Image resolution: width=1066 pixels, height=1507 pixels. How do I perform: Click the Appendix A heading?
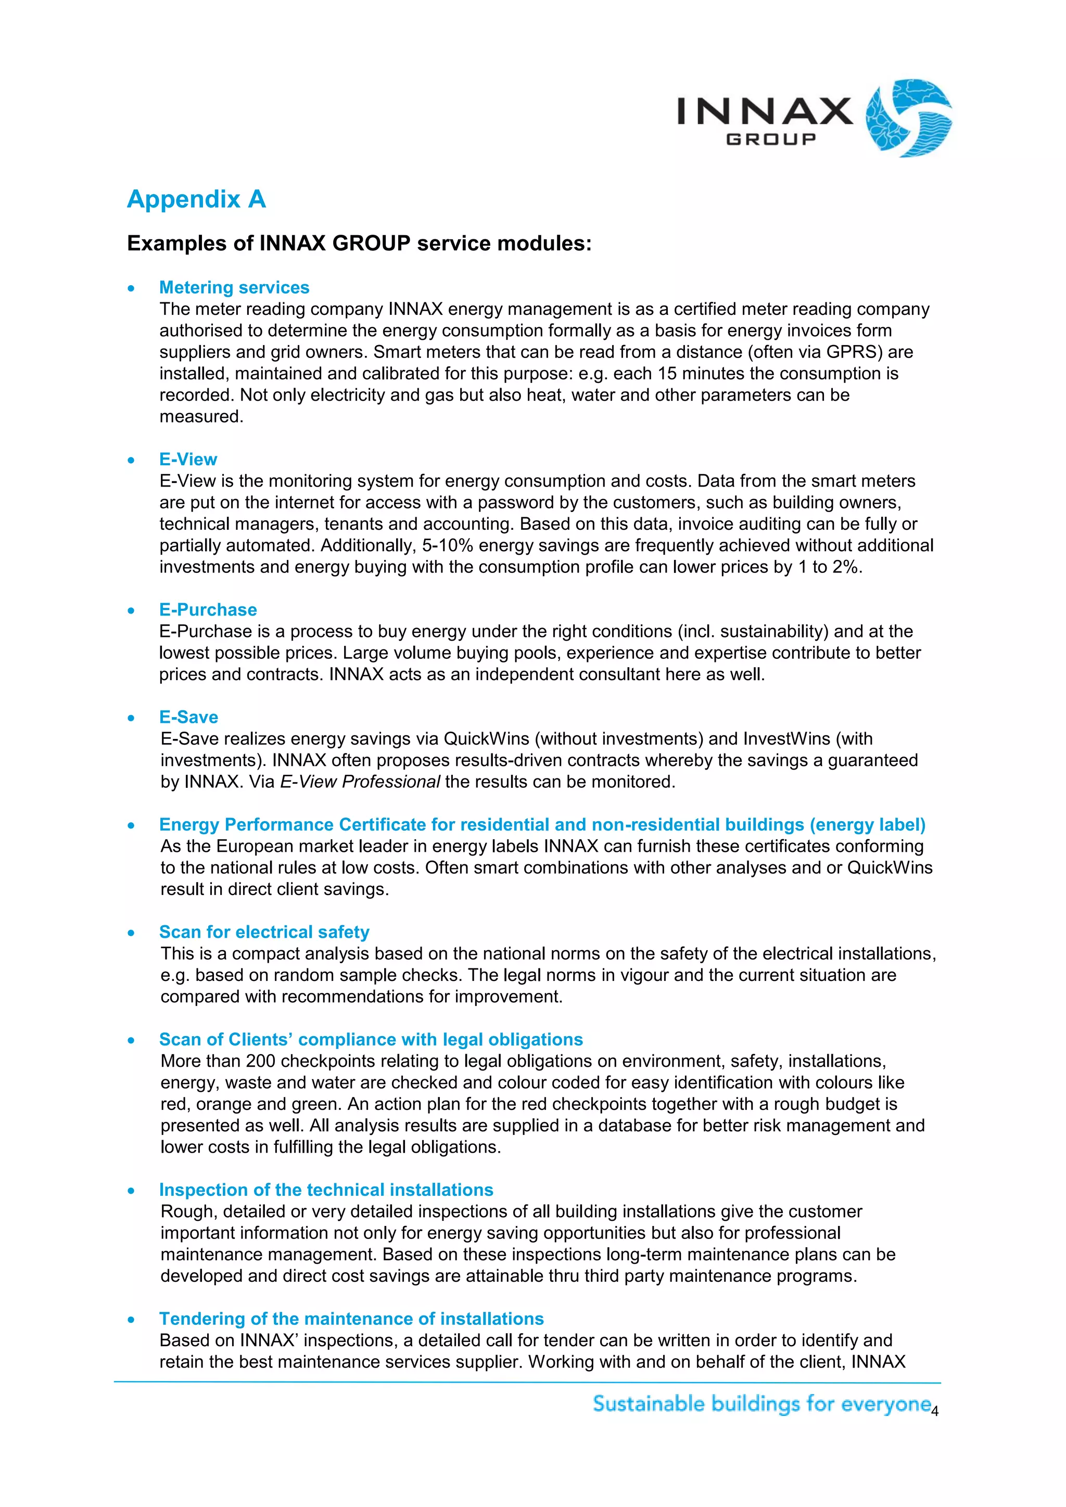[x=196, y=199]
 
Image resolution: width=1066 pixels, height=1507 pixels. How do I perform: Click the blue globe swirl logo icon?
[x=908, y=118]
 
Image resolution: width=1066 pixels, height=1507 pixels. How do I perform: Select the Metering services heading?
[x=234, y=287]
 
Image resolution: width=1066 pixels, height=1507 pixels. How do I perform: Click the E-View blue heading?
[x=188, y=459]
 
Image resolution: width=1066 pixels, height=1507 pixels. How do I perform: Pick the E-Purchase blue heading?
[x=208, y=610]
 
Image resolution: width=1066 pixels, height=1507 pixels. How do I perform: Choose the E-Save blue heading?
[x=188, y=718]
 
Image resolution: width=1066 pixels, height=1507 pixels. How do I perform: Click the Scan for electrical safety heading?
[x=264, y=932]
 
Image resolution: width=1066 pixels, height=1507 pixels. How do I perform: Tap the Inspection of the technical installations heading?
[x=326, y=1190]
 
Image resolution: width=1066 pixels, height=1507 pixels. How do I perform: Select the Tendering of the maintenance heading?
[x=351, y=1319]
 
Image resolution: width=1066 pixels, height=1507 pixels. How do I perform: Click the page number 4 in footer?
[x=935, y=1412]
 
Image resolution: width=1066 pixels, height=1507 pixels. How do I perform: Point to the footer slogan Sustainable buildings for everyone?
[x=762, y=1404]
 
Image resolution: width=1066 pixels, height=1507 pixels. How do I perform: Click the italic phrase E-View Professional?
[x=360, y=782]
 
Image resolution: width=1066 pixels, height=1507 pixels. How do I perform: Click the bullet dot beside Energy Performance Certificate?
[x=131, y=826]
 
